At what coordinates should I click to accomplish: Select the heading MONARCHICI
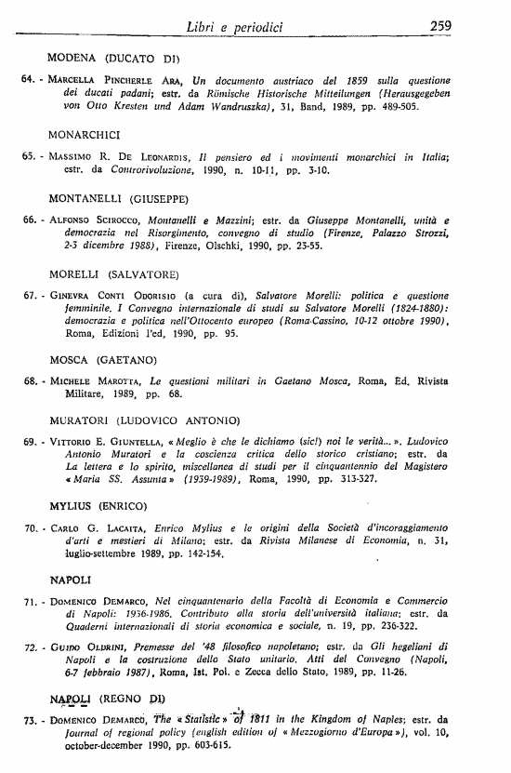(85, 134)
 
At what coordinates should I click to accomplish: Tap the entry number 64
(27, 80)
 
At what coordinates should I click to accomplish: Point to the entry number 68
(27, 381)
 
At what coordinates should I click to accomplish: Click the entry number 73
(29, 720)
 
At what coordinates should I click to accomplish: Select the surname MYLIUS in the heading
(71, 505)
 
